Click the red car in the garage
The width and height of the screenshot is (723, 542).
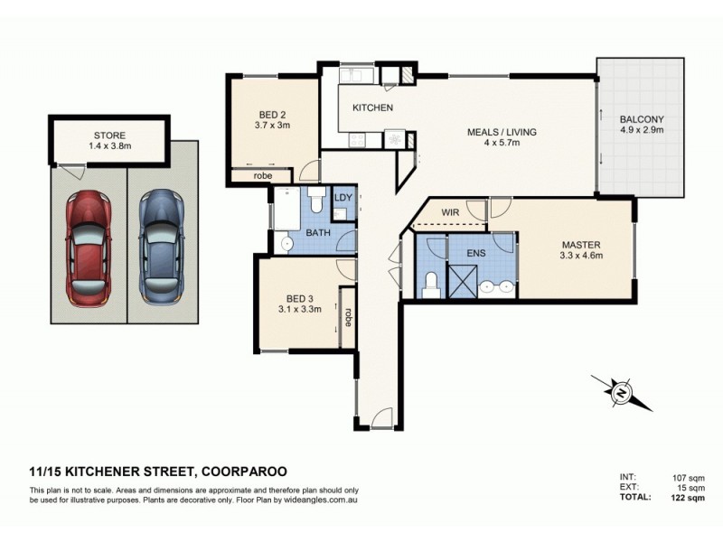click(x=89, y=246)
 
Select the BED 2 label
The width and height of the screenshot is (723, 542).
click(x=274, y=115)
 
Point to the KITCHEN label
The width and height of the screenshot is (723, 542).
click(x=372, y=108)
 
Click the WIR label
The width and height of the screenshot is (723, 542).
click(x=452, y=213)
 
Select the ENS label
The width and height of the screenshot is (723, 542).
click(x=476, y=254)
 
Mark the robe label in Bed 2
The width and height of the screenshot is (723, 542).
click(x=263, y=175)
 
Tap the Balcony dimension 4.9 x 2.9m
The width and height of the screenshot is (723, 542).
click(x=642, y=131)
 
